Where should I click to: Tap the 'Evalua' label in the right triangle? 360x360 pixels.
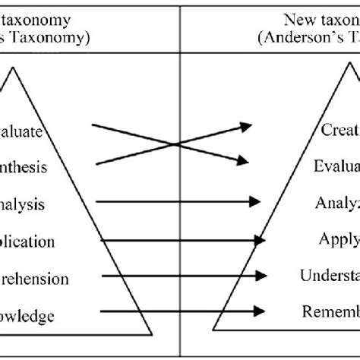pyautogui.click(x=336, y=166)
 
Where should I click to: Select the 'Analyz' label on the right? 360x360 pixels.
pyautogui.click(x=337, y=203)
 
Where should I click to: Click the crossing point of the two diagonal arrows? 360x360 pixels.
pyautogui.click(x=176, y=143)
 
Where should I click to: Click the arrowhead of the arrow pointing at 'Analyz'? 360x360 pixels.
pyautogui.click(x=253, y=202)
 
